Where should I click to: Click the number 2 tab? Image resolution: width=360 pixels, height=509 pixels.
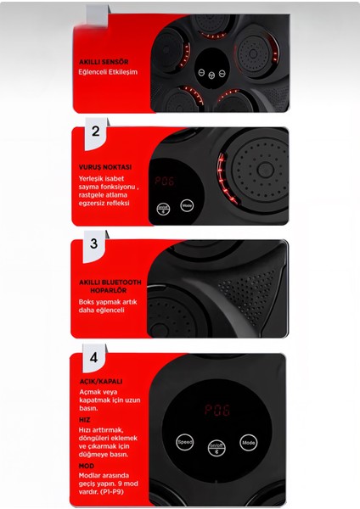tap(95, 131)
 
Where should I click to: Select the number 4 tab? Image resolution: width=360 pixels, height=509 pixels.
tap(94, 354)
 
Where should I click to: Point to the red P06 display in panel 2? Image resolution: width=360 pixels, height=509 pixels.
tap(165, 182)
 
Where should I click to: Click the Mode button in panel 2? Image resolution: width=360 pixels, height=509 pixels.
tap(187, 206)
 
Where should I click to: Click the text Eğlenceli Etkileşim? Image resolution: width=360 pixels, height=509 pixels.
tap(109, 72)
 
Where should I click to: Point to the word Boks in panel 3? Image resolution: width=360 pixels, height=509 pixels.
tap(87, 300)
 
